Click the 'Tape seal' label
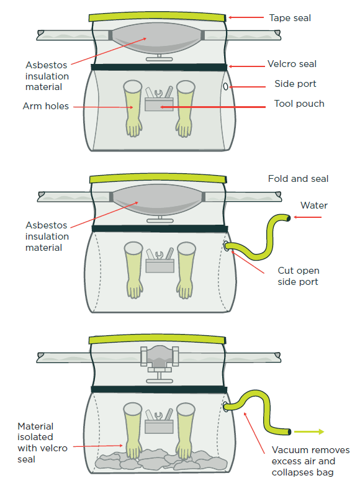tap(290, 18)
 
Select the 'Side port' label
tap(295, 84)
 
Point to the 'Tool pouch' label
tap(299, 104)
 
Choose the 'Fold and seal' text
tap(298, 179)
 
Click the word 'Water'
tap(314, 205)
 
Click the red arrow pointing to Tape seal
tap(247, 17)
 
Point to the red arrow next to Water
tap(308, 217)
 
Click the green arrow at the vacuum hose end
tap(308, 431)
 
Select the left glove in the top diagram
tap(132, 107)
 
